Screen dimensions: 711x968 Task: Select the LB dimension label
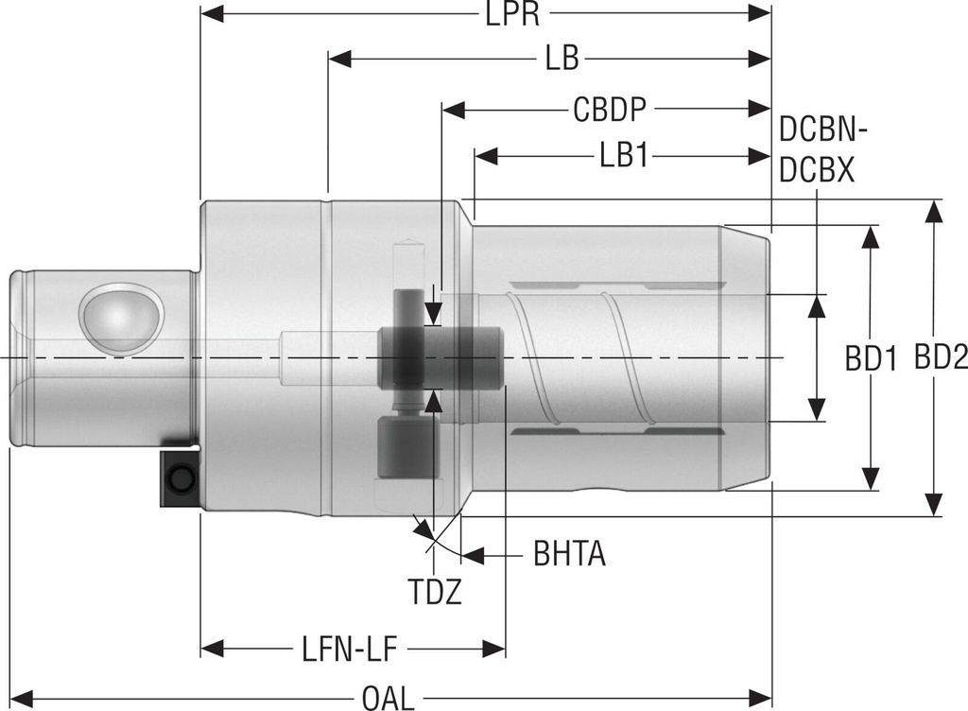pos(562,60)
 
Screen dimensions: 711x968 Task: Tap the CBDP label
pos(610,110)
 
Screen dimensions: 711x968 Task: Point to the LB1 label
pos(623,156)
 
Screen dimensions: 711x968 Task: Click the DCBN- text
pos(822,131)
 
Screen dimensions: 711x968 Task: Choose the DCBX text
pos(817,170)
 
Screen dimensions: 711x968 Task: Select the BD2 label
pos(941,358)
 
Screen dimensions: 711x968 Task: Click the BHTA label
pos(569,555)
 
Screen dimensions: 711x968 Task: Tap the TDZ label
pos(435,593)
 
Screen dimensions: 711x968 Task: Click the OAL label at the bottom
pos(389,699)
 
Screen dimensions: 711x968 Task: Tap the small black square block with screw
pos(179,479)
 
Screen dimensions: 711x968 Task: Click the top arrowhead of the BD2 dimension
pos(934,211)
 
